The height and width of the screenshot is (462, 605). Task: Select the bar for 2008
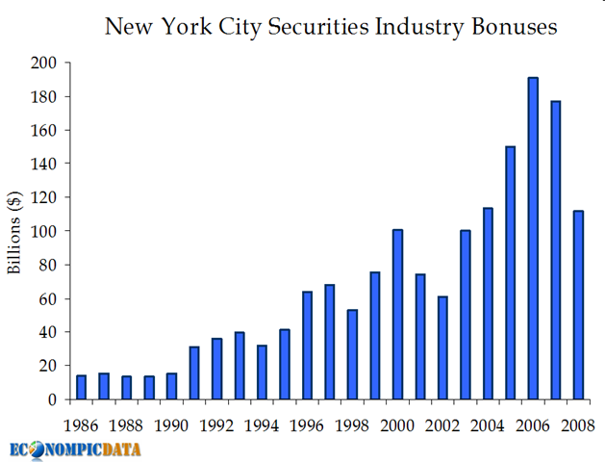pyautogui.click(x=578, y=304)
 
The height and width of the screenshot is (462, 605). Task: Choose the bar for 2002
pyautogui.click(x=442, y=347)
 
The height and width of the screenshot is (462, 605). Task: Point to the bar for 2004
pyautogui.click(x=488, y=303)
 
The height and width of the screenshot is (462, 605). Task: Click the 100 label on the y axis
pyautogui.click(x=44, y=231)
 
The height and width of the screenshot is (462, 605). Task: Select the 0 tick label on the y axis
pyautogui.click(x=51, y=399)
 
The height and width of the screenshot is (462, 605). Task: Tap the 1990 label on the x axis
pyautogui.click(x=171, y=423)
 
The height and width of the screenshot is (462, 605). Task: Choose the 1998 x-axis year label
pyautogui.click(x=352, y=423)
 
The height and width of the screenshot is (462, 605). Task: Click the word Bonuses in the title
pyautogui.click(x=514, y=27)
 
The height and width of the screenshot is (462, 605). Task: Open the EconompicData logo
pyautogui.click(x=75, y=449)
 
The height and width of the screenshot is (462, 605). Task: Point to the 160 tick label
pyautogui.click(x=44, y=130)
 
